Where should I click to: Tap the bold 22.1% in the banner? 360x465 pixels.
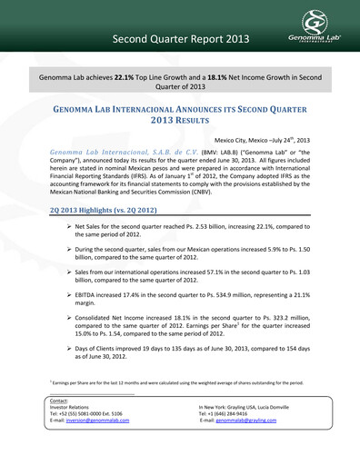click(x=125, y=80)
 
